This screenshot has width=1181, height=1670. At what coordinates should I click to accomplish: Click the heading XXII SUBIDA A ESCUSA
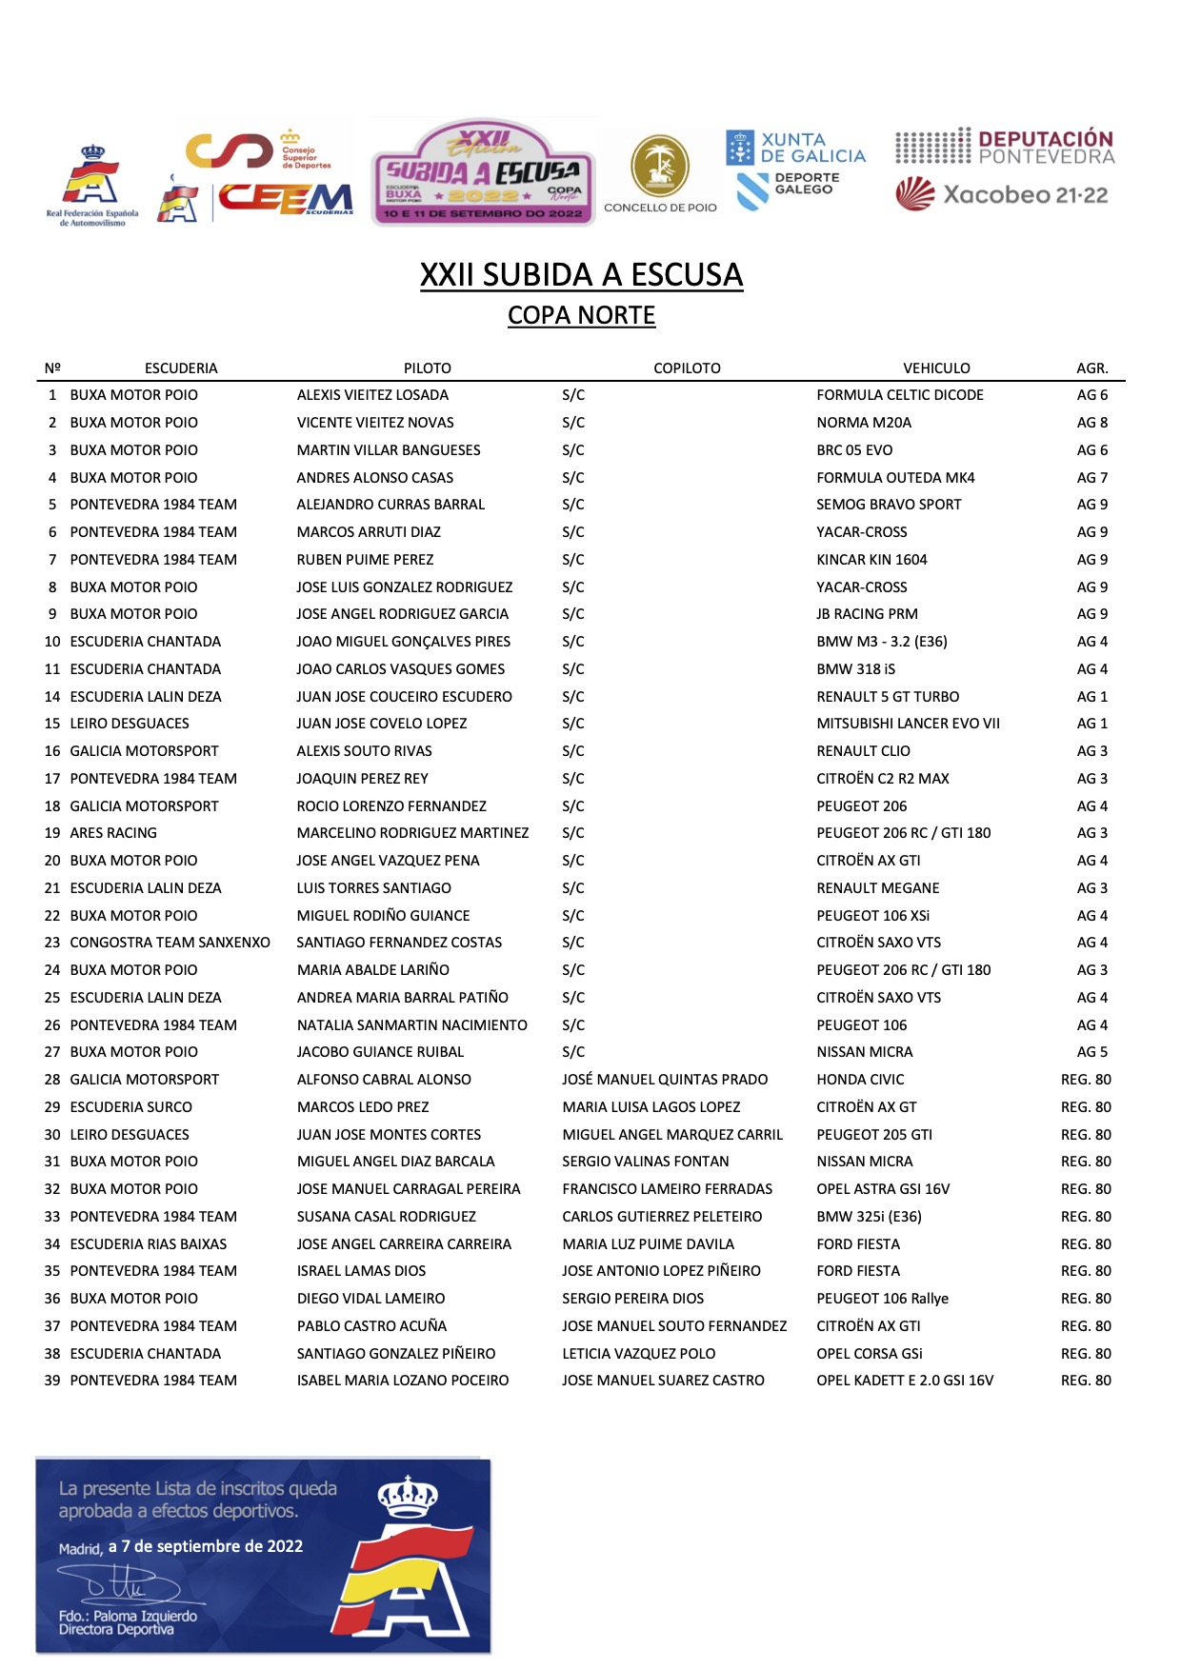[581, 275]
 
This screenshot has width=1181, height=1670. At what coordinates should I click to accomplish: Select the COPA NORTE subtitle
[581, 315]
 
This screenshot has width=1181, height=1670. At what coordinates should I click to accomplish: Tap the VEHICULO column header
[936, 368]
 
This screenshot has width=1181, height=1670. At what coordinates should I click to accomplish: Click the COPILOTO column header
[687, 368]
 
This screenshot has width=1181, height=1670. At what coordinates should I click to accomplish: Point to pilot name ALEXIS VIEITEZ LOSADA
[372, 395]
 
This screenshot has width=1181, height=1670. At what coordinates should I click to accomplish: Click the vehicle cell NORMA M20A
[864, 423]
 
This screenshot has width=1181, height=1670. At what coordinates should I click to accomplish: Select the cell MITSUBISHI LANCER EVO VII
[908, 724]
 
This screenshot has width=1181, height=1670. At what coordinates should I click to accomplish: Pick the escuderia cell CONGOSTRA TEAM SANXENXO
[170, 943]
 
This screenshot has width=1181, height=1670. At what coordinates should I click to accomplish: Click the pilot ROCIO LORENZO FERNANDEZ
[391, 806]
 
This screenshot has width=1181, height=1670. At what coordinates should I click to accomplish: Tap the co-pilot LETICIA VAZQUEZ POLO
[638, 1354]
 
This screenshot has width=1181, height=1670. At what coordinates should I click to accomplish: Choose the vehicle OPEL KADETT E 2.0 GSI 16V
[905, 1381]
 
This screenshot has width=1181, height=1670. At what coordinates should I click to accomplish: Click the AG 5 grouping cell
[1091, 1052]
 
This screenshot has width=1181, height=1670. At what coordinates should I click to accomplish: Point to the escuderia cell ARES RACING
[113, 833]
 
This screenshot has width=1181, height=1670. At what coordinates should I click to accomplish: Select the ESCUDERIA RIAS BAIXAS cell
[149, 1244]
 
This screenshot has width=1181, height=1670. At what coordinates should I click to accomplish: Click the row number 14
[52, 697]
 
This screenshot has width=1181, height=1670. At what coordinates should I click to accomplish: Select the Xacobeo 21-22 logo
[1002, 194]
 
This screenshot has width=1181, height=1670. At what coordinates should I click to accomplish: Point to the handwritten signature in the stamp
[119, 1585]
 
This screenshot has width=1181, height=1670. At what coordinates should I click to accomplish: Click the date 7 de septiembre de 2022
[206, 1547]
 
